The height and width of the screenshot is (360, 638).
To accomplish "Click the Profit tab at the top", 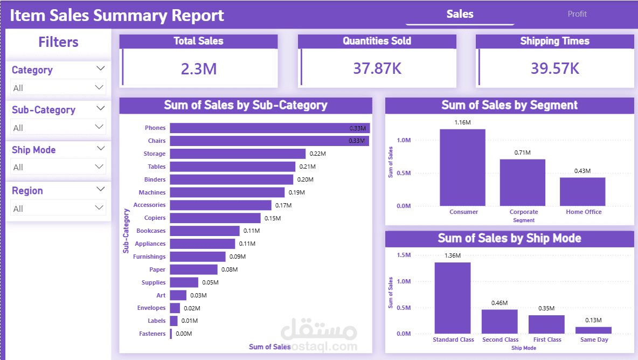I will point(577,14).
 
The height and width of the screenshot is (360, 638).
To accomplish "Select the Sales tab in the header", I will point(460,14).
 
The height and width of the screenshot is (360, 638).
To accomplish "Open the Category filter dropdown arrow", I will point(100,68).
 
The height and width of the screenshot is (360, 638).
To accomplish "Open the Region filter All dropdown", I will point(58,208).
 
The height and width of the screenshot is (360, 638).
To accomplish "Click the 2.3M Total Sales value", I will point(199,68).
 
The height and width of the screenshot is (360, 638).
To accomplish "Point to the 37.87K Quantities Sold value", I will point(377,68).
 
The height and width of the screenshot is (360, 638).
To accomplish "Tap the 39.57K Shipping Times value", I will point(555,68).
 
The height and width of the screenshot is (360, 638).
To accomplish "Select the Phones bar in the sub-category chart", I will point(269,128).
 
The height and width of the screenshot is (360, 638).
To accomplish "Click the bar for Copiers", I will point(215,218).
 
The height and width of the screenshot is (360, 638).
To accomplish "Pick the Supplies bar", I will point(184,282).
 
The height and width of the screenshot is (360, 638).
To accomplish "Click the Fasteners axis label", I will point(152,334).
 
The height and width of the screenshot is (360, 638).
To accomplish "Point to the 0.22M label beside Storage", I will point(317,154).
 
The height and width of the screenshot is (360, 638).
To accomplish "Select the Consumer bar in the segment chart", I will point(462,167).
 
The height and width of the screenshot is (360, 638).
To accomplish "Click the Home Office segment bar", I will point(582,191).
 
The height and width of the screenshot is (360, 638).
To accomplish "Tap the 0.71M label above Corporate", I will point(522,153).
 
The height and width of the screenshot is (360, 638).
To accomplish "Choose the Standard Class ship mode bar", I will point(453,297).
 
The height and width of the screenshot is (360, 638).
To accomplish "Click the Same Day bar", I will point(593,330).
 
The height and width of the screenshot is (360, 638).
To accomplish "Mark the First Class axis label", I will point(547,340).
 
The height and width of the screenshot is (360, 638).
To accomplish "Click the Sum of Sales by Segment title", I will point(509,105).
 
